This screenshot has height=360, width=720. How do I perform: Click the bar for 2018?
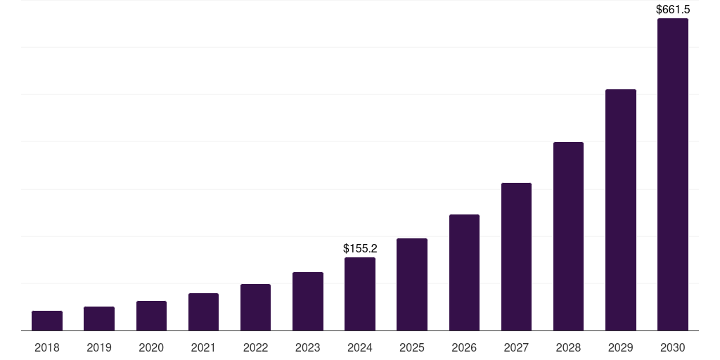point(47,321)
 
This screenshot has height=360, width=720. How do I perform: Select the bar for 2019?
point(99,319)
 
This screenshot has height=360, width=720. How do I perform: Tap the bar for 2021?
point(203,312)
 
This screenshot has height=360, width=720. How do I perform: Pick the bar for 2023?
point(308,302)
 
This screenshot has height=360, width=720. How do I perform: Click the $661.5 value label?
point(673,9)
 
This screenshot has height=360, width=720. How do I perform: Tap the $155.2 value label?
point(360,248)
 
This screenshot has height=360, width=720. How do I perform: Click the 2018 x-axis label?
point(47,347)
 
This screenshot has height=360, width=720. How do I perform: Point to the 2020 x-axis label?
point(151,347)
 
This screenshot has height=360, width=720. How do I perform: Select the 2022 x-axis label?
point(255,347)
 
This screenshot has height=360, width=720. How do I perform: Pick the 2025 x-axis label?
point(412,347)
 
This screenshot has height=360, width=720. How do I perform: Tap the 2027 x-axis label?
point(516,347)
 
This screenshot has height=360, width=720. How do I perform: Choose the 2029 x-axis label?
point(620,347)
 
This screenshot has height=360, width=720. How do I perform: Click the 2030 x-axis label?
point(673,347)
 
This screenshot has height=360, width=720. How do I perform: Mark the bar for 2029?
point(621,210)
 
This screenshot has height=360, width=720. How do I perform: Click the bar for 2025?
point(412,285)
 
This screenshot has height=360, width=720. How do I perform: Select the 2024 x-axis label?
point(360,347)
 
